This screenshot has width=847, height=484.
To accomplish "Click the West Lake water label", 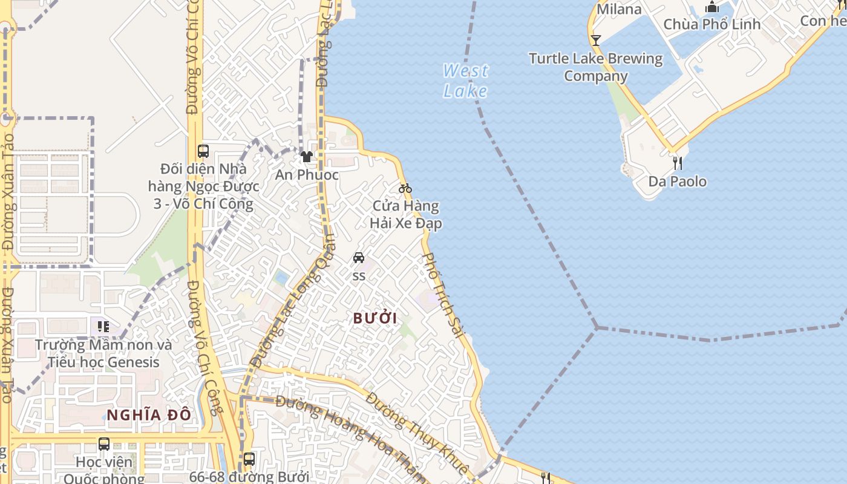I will [x=465, y=80].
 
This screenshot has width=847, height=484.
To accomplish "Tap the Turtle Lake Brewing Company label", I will [x=596, y=67].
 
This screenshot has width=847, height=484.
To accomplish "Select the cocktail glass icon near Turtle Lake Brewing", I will [x=596, y=41].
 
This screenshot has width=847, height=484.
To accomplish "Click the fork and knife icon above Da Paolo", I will [x=678, y=163].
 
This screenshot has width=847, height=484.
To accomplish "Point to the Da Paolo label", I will [x=678, y=181].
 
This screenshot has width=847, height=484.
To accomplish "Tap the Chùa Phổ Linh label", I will [x=712, y=24].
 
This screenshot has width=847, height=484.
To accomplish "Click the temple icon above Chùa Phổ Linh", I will [x=712, y=7].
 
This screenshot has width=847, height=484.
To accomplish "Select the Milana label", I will [x=619, y=9].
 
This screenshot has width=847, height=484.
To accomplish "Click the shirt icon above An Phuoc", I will [x=307, y=157].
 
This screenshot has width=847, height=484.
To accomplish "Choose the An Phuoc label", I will [x=307, y=175].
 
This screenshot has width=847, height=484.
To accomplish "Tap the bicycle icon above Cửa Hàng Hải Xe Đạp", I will [x=405, y=188].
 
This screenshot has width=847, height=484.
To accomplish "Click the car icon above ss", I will [x=359, y=258].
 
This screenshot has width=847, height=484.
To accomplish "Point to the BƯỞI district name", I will [x=375, y=318].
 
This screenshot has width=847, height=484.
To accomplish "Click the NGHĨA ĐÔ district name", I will [x=149, y=415].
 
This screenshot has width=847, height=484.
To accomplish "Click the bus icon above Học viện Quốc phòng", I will [x=104, y=444].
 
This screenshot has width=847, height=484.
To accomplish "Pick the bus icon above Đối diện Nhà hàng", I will [x=203, y=151].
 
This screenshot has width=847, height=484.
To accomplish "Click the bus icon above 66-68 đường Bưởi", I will [x=249, y=459].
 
